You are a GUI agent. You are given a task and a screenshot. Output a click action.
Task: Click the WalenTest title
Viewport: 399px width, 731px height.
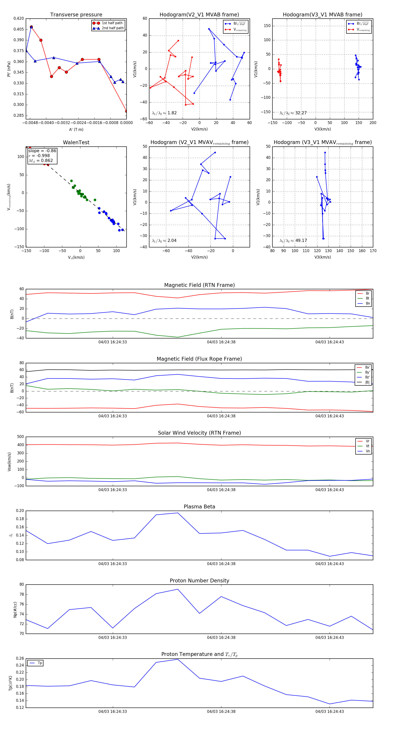tap(76, 142)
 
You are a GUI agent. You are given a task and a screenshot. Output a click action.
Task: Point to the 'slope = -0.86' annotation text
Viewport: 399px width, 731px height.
tap(42, 151)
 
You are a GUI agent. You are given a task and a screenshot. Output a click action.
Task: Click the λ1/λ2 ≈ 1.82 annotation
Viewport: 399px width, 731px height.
tap(164, 113)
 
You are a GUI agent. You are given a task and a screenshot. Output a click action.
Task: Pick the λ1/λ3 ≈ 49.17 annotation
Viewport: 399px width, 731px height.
tap(293, 241)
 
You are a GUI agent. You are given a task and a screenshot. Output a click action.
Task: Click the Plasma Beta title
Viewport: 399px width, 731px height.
tap(199, 507)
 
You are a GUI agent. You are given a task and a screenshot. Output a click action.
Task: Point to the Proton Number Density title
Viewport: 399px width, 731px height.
tap(199, 581)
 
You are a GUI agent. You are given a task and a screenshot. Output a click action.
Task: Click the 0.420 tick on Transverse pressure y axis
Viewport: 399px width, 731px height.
tap(19, 18)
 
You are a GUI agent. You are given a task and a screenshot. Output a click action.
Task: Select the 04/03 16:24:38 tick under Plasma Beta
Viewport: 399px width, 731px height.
tap(221, 564)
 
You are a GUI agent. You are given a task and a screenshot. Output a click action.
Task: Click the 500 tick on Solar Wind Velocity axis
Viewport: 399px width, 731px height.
tap(20, 437)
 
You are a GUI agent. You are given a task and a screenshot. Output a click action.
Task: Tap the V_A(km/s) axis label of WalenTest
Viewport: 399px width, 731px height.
tap(76, 257)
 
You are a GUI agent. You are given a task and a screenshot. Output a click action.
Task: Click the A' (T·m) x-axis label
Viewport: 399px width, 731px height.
tap(76, 130)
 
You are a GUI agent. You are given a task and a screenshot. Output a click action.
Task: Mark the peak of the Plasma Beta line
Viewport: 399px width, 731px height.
tap(178, 513)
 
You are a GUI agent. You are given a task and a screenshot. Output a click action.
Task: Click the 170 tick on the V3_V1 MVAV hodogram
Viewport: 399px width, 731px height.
tap(373, 251)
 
